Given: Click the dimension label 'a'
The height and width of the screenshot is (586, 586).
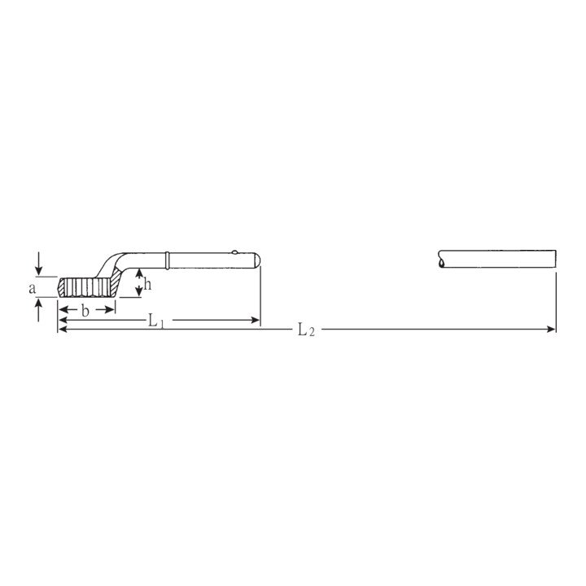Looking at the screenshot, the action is (33, 288).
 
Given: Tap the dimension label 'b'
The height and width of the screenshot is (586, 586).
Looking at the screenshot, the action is (85, 310).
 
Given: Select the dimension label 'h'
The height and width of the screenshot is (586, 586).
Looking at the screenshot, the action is (147, 284).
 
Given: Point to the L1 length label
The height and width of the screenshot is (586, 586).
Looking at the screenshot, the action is (155, 321).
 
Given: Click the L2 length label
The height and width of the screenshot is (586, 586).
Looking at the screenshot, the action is (306, 330).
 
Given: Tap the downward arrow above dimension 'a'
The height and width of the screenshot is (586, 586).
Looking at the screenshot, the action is (39, 265).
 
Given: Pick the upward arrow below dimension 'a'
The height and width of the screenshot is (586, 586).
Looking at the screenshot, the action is (39, 309).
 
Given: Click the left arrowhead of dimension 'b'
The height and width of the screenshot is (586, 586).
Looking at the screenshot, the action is (63, 309).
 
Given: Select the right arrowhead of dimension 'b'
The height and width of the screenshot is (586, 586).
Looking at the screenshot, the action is (110, 309).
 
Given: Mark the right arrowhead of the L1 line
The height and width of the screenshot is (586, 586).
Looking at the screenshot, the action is (255, 320).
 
